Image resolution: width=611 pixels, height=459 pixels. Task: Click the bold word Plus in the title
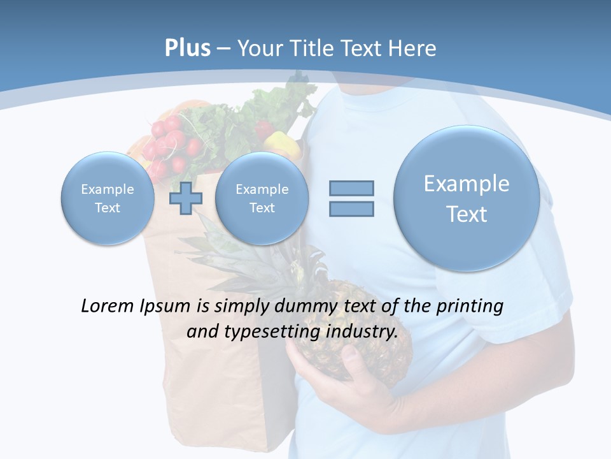coord(188,48)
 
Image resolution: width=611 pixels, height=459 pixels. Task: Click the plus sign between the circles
coord(185,198)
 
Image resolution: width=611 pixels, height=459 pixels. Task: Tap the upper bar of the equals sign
coord(351,188)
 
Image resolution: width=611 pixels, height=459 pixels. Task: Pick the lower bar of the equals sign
coord(351,208)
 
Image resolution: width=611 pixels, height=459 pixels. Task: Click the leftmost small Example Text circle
coord(108,198)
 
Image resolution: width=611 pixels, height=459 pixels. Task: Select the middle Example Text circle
coord(262,198)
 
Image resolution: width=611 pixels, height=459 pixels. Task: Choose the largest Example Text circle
coord(467,198)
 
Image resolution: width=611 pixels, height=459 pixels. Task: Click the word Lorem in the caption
coord(108,306)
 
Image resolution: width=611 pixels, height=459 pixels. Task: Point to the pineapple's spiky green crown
coord(255,255)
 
